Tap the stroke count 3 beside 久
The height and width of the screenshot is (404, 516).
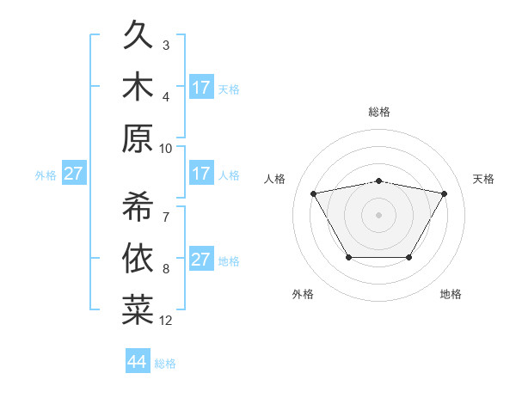(166, 45)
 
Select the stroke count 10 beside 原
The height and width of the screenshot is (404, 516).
(166, 148)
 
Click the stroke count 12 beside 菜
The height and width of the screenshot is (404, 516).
(166, 321)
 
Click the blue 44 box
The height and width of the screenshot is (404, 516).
(137, 362)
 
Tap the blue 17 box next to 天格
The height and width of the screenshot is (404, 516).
(201, 87)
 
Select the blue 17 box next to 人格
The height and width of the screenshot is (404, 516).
(201, 174)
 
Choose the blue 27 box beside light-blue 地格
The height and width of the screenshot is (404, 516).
(201, 260)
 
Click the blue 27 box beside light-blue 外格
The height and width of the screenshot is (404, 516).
(73, 174)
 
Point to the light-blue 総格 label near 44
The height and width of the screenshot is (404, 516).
(165, 364)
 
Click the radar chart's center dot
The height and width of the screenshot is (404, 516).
(378, 214)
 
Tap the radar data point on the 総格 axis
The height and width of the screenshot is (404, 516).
(378, 181)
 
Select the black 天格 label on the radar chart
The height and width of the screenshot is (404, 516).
(483, 179)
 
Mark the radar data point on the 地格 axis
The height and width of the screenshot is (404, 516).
(408, 257)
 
